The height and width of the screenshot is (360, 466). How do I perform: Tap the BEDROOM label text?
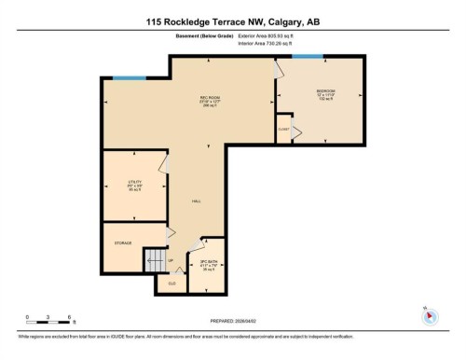click(323, 90)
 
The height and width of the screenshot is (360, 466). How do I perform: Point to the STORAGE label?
click(123, 242)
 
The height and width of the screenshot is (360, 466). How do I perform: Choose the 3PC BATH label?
click(208, 264)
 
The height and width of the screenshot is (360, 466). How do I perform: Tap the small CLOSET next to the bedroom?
click(282, 129)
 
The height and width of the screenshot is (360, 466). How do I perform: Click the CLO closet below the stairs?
click(171, 283)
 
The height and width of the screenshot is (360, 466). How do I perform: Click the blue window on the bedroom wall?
click(307, 56)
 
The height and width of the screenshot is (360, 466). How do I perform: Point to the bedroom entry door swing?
click(277, 68)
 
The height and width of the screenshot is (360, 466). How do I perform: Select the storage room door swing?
click(171, 234)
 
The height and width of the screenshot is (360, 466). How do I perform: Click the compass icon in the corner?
click(430, 315)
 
